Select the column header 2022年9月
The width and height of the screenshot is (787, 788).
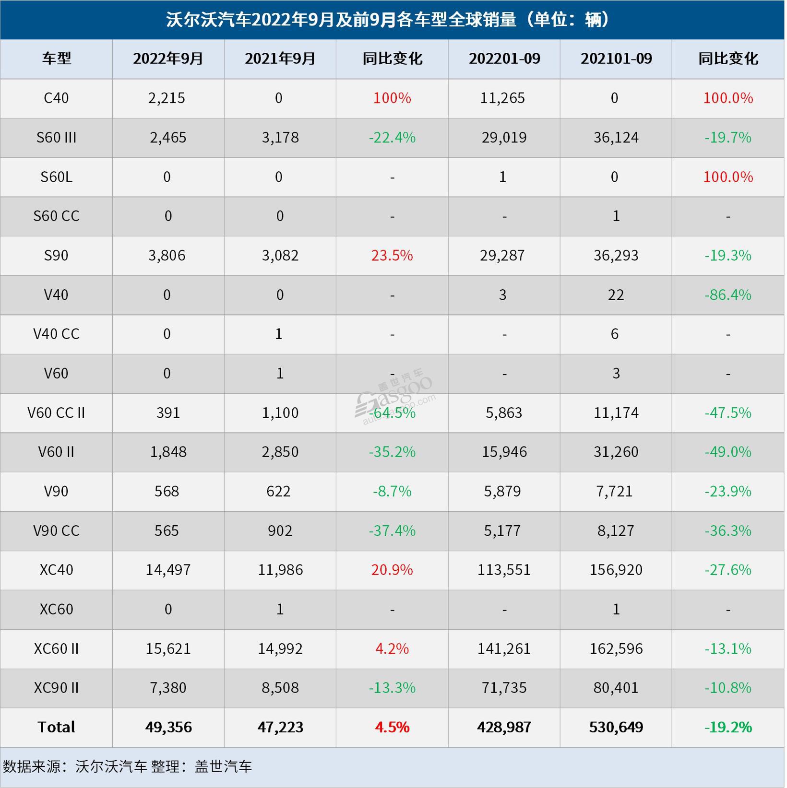coord(168,59)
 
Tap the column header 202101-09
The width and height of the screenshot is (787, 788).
coord(616,59)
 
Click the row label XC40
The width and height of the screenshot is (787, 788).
coord(56,570)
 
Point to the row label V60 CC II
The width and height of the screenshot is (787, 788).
coord(56,412)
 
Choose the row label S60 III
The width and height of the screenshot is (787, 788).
coord(56,138)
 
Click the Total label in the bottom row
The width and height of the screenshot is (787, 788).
coord(56,727)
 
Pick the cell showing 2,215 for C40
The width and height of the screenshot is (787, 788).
coord(167,98)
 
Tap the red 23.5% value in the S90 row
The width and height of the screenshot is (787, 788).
coord(392,255)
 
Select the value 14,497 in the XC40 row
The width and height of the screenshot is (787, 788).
coord(168,570)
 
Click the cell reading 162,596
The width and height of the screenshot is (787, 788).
coord(616,648)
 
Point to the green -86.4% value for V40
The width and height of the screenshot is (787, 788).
coord(728,294)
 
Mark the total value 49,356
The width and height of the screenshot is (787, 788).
coord(168,727)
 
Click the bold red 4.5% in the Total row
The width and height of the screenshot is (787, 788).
coord(392,727)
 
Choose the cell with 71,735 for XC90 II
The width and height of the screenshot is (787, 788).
coord(504,688)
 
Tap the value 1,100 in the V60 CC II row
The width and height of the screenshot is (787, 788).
coord(280,412)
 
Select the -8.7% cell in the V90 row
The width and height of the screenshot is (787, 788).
coord(392,491)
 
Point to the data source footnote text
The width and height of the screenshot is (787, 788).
coord(127,766)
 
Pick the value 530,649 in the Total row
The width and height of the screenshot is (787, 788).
coord(616,727)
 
